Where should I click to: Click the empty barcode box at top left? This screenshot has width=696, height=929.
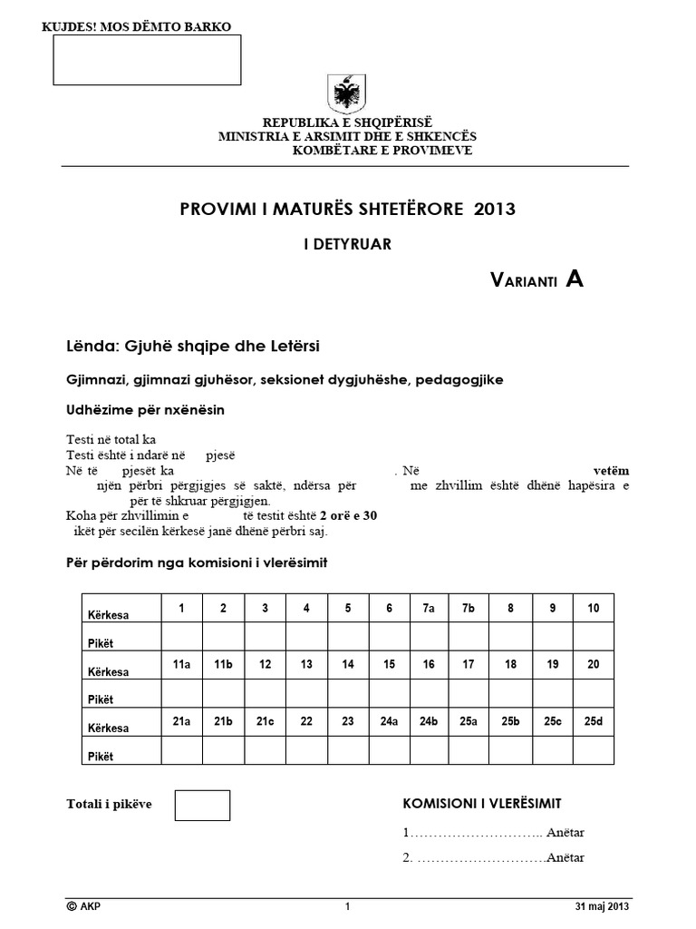click(148, 60)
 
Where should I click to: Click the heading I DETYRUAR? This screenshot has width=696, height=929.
click(347, 243)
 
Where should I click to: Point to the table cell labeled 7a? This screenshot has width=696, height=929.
click(429, 608)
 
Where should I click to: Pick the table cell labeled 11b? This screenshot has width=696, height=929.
click(223, 665)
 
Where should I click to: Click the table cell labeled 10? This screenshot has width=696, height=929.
click(593, 608)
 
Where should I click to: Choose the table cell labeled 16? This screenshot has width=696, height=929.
click(429, 665)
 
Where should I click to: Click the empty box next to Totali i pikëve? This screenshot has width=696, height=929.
click(202, 806)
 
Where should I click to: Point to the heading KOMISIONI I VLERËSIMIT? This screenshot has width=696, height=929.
click(481, 804)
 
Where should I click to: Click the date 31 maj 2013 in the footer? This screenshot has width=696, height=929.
click(601, 906)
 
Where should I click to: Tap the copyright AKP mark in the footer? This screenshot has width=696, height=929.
click(85, 906)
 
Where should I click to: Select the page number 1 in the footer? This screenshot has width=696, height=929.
click(347, 906)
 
